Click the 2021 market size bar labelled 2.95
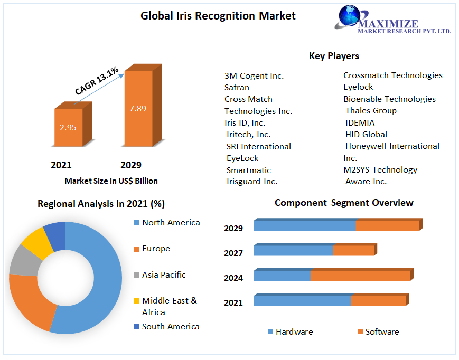pyautogui.click(x=68, y=127)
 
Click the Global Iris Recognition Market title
pyautogui.click(x=218, y=16)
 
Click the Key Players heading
pyautogui.click(x=334, y=56)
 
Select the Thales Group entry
pyautogui.click(x=371, y=111)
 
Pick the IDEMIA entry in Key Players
pyautogui.click(x=360, y=122)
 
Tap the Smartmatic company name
pyautogui.click(x=248, y=170)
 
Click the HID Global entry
pyautogui.click(x=366, y=135)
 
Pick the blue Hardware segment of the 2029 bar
pyautogui.click(x=304, y=225)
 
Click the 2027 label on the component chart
pyautogui.click(x=233, y=253)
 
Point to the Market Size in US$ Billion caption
pyautogui.click(x=111, y=181)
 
